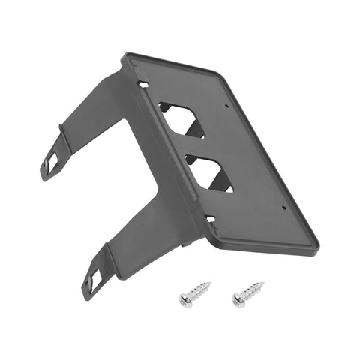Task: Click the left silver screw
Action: (195, 292)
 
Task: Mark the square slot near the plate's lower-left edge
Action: (210, 219)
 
